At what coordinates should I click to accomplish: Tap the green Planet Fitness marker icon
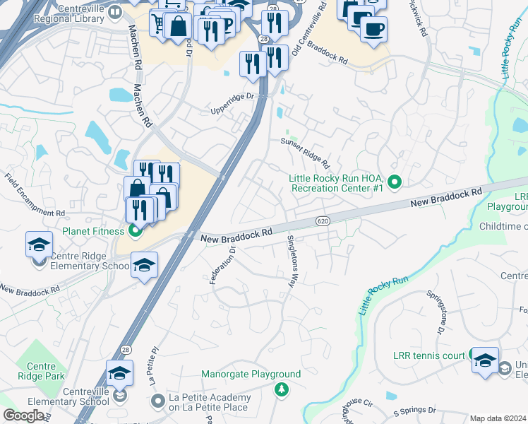[136, 230]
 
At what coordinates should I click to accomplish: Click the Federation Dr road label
[221, 261]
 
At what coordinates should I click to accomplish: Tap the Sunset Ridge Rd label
[306, 151]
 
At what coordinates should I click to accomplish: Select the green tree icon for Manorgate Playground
[282, 389]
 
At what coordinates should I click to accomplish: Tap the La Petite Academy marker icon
[157, 402]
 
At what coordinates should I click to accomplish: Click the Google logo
[23, 416]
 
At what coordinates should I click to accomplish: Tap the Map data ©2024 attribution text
[498, 418]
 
